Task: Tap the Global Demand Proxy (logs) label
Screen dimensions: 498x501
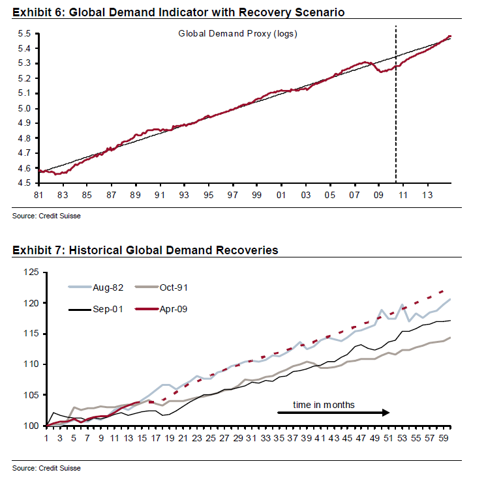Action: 237,33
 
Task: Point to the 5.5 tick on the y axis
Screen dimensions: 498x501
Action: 24,33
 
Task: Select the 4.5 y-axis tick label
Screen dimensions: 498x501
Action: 24,183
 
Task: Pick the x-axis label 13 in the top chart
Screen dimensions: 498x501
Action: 427,195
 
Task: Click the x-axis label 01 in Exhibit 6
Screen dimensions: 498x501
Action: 281,195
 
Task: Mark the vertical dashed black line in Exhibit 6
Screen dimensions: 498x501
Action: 396,104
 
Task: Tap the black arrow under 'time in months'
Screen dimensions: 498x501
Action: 333,413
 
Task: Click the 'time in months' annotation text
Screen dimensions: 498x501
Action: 324,405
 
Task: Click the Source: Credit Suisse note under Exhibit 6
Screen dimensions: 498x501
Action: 46,215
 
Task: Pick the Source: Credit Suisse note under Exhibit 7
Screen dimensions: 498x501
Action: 46,468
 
